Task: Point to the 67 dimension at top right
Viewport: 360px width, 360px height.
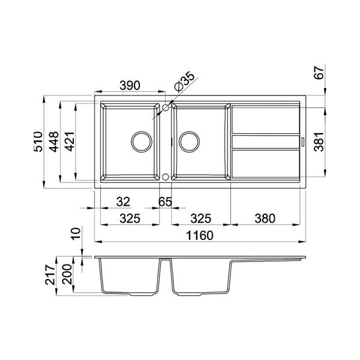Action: click(320, 73)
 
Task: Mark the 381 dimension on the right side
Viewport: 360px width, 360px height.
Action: click(320, 142)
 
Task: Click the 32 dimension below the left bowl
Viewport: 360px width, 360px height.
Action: click(123, 202)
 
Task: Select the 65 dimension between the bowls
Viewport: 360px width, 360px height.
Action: click(165, 202)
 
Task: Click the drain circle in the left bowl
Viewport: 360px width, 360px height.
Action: click(142, 142)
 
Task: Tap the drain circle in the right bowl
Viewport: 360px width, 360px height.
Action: click(190, 142)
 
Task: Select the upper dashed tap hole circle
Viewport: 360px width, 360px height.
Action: click(166, 107)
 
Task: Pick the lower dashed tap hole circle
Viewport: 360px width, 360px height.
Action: click(166, 177)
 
